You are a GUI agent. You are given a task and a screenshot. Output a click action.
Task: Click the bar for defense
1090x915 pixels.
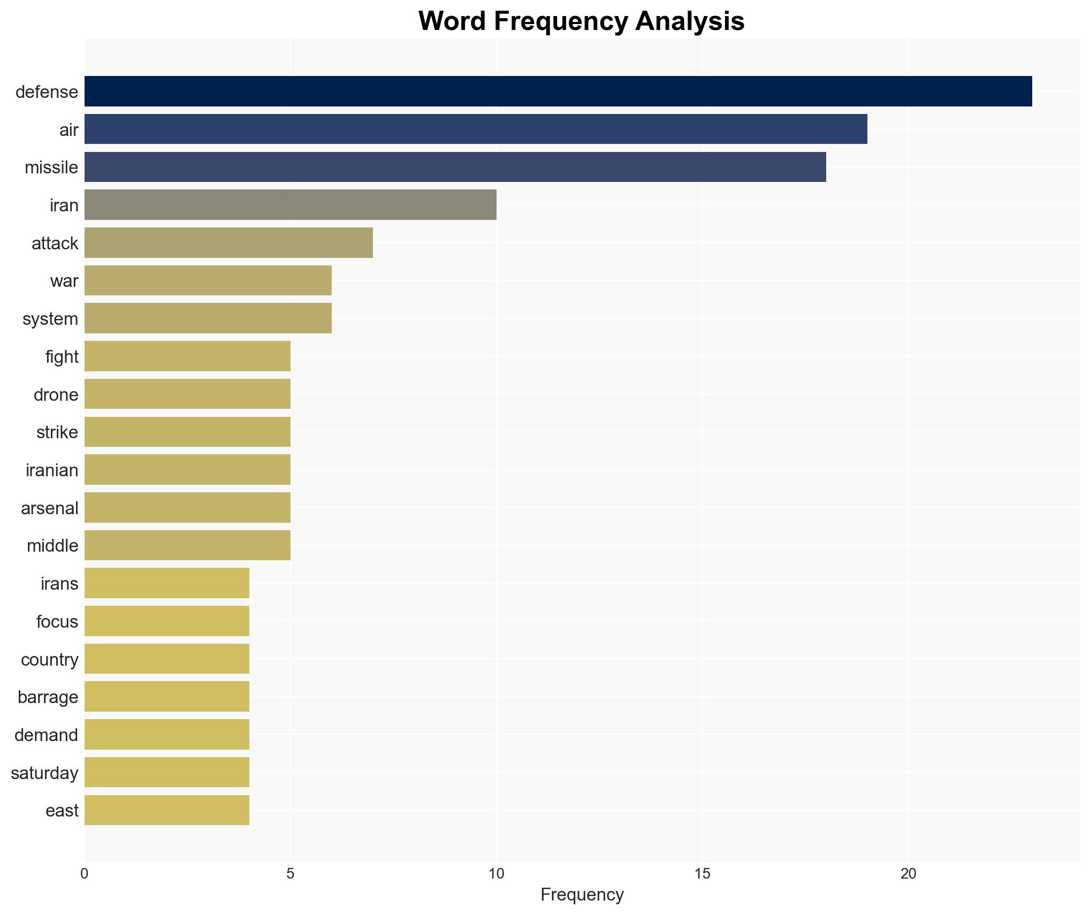pos(558,91)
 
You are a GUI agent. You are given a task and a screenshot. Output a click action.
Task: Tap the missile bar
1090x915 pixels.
pos(455,167)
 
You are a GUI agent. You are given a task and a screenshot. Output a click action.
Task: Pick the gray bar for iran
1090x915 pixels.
pos(290,205)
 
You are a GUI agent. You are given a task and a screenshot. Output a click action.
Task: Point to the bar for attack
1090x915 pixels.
pos(228,243)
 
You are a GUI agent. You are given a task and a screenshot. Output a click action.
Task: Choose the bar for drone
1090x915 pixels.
pos(187,394)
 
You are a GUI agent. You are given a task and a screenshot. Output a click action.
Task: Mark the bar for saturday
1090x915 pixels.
pos(166,772)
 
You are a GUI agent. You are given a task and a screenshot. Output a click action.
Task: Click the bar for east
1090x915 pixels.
pos(166,810)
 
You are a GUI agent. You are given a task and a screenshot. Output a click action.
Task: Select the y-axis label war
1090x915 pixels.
pos(64,281)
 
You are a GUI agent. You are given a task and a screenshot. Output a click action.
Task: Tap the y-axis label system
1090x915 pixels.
pos(50,319)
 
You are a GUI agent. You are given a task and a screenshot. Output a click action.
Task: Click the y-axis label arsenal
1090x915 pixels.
pos(50,508)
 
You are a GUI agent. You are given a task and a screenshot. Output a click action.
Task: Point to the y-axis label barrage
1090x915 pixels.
pos(48,697)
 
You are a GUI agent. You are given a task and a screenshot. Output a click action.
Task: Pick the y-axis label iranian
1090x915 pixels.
pos(52,470)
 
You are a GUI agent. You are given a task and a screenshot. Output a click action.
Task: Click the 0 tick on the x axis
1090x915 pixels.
pos(85,874)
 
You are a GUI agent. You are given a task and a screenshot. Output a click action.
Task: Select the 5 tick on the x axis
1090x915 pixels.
pos(290,874)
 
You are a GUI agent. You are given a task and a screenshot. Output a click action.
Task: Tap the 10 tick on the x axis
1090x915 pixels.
pos(496,874)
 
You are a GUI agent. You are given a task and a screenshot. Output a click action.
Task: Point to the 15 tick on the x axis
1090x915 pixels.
pos(702,874)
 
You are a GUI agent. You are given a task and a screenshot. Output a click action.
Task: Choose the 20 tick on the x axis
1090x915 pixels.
pos(908,874)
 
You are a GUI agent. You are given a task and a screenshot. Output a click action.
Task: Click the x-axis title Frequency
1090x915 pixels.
pos(582,895)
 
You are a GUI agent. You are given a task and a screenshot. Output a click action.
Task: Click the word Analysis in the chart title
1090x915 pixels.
pos(690,21)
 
